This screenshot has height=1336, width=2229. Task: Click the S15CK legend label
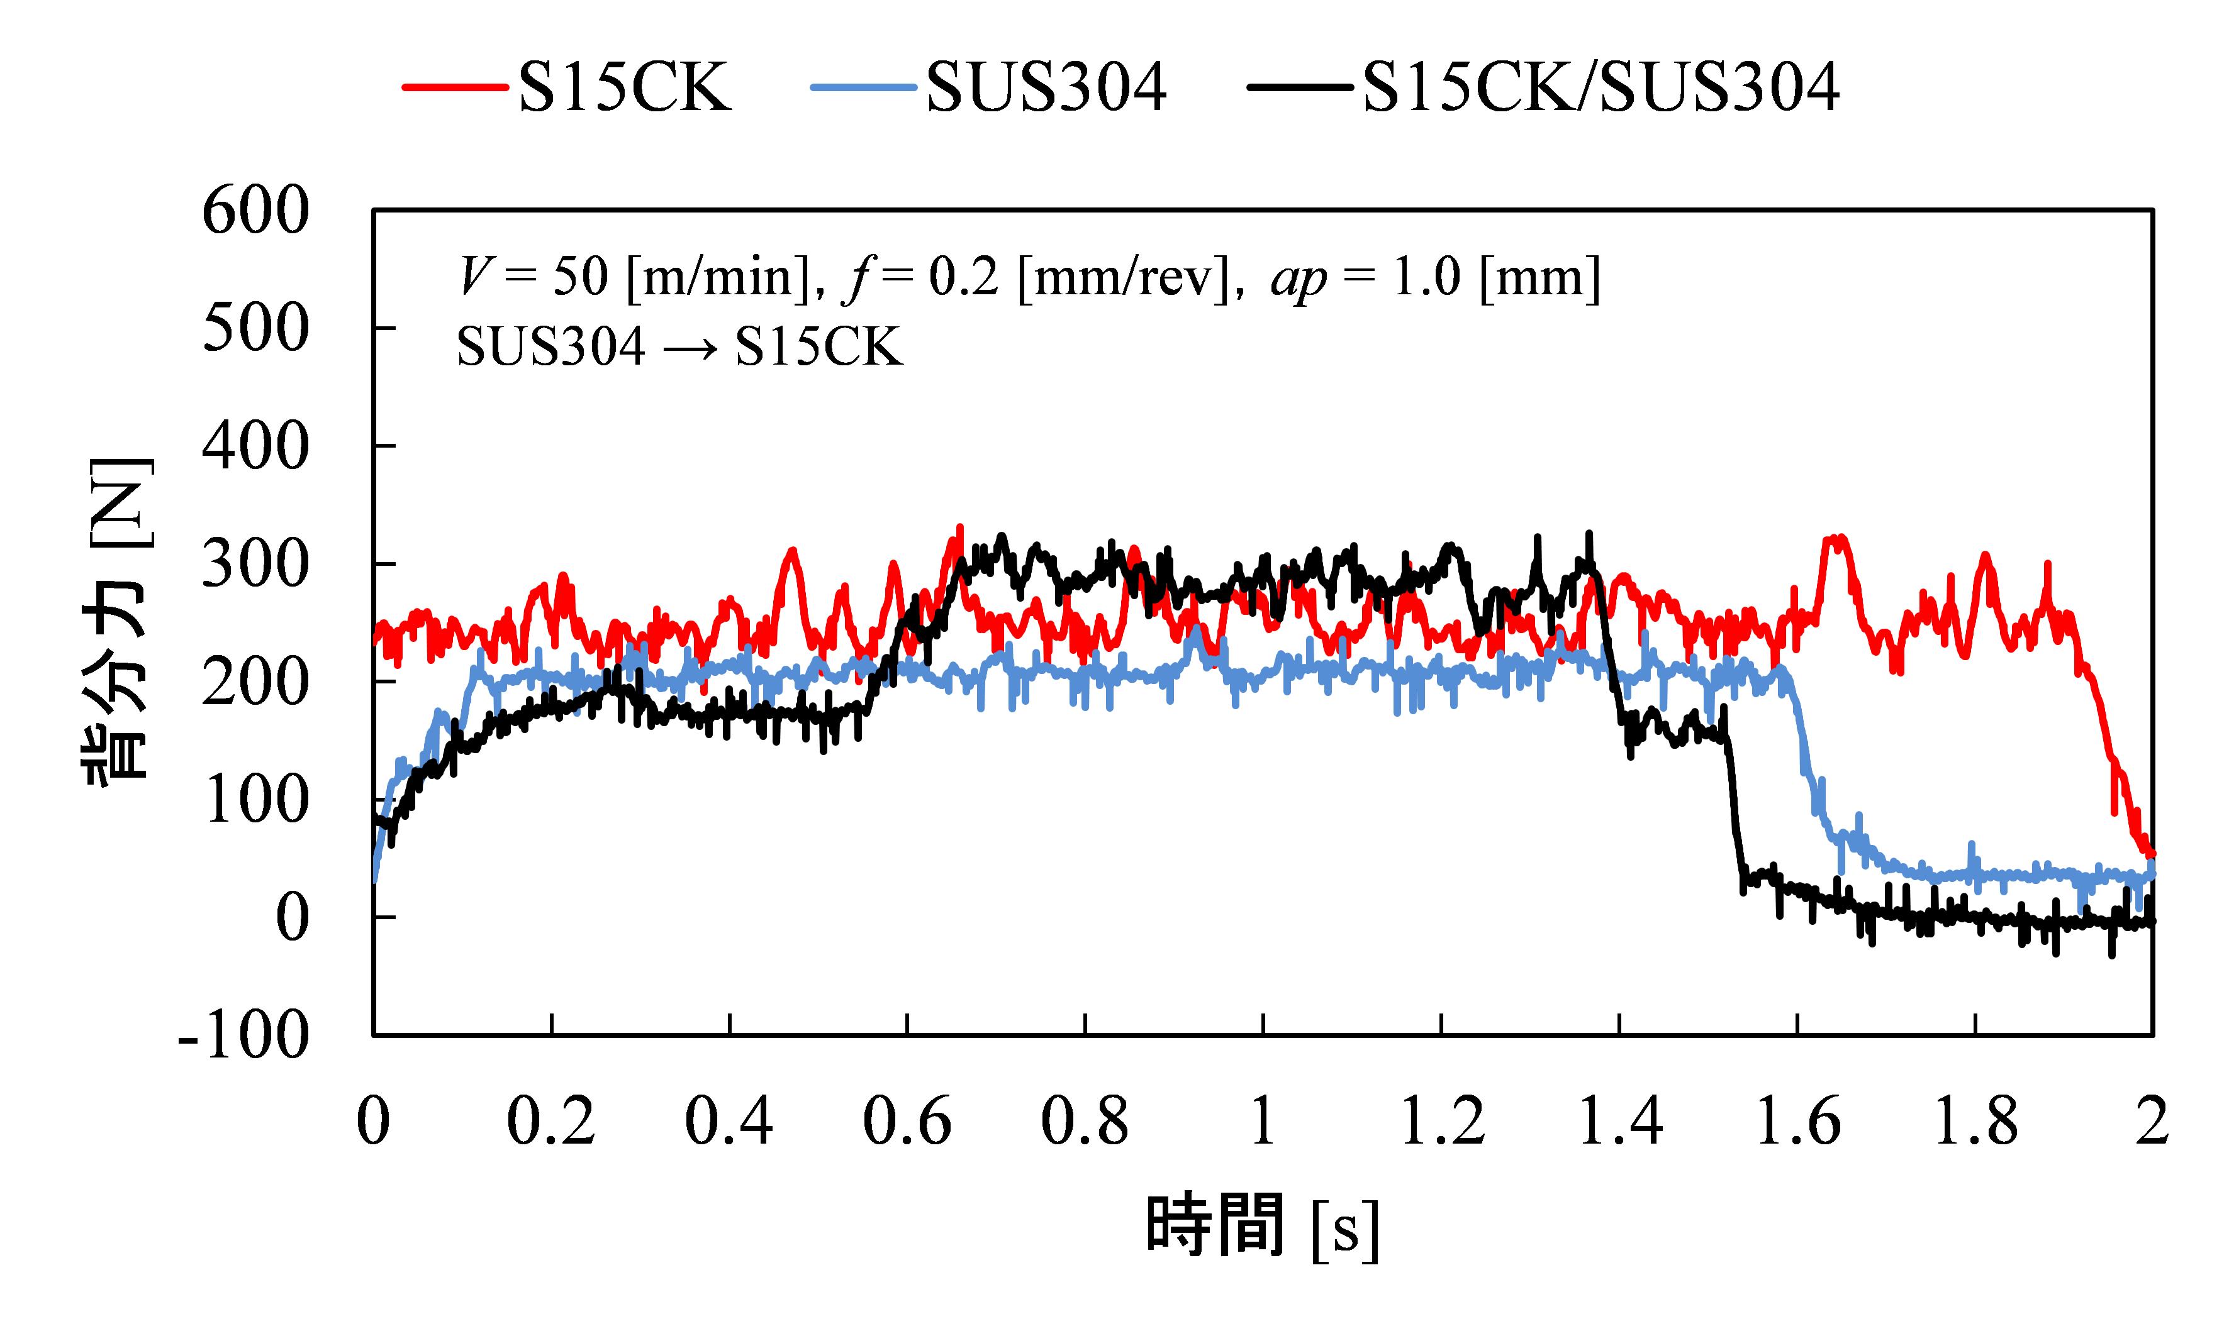[x=624, y=87]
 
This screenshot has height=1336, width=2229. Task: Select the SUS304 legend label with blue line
[x=1046, y=87]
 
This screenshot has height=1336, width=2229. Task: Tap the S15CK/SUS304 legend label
[x=1601, y=87]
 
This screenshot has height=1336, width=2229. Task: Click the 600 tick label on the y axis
[x=255, y=212]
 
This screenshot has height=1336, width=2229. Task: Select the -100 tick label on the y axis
[x=243, y=1037]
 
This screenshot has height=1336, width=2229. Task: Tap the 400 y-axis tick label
[x=255, y=448]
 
